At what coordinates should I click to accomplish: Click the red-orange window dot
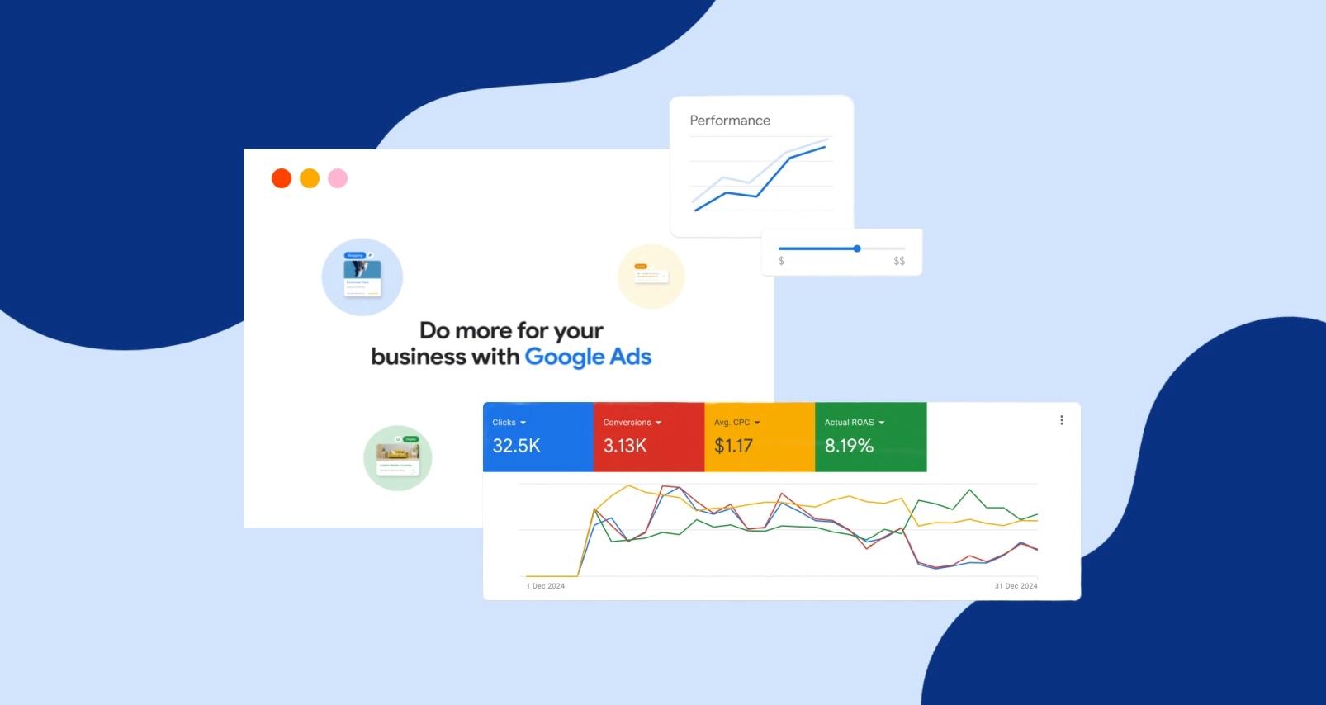pos(282,178)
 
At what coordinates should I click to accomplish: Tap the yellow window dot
pos(310,178)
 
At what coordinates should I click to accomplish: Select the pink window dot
pos(338,178)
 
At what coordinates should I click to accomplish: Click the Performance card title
pos(730,121)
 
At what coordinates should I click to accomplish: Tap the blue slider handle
pos(857,248)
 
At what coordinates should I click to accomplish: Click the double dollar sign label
pos(899,261)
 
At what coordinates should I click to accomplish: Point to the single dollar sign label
pos(781,261)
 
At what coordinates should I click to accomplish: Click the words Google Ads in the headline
pos(588,357)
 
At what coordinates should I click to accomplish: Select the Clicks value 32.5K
pos(516,446)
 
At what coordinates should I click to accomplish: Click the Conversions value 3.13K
pos(625,446)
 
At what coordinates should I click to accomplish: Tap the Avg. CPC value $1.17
pos(733,446)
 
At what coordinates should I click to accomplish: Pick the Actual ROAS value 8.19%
pos(849,446)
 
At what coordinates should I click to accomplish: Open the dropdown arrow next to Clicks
pos(523,423)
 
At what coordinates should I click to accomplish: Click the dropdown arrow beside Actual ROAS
pos(882,423)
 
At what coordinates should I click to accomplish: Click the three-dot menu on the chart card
pos(1062,420)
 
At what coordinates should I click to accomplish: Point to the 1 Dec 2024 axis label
pos(546,586)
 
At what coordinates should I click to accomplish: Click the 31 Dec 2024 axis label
pos(1016,586)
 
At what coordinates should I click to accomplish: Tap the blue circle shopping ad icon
pos(362,277)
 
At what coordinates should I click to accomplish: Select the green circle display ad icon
pos(398,458)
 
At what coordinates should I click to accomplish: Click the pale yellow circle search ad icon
pos(651,277)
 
